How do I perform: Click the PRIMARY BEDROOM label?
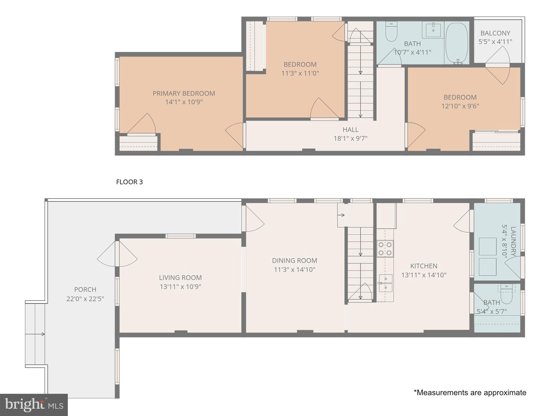click(x=184, y=93)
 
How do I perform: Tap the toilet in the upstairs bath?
click(x=391, y=32)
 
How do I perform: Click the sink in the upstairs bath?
click(x=433, y=30)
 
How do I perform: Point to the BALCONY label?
click(x=495, y=33)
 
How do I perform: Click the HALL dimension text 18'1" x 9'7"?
click(x=350, y=139)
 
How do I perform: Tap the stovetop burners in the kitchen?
click(x=385, y=249)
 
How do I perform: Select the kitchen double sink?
click(x=385, y=283)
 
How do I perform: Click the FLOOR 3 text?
click(x=129, y=182)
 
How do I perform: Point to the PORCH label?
click(x=85, y=290)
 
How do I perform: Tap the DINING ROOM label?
click(x=294, y=261)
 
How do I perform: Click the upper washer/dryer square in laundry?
click(x=487, y=246)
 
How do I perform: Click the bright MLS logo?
click(x=34, y=405)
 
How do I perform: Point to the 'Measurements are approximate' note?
click(x=470, y=393)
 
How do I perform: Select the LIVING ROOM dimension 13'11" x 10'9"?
click(x=180, y=287)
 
